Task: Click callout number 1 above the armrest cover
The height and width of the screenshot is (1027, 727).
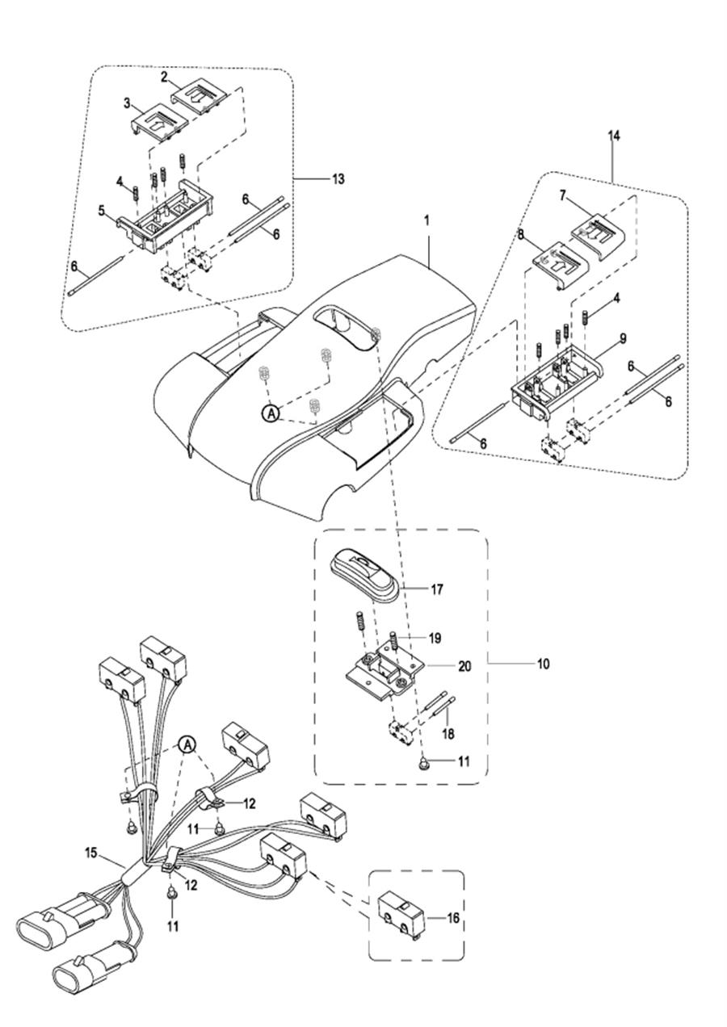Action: (427, 220)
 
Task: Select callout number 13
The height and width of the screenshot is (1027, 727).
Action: (338, 178)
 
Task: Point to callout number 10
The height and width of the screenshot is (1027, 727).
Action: (543, 664)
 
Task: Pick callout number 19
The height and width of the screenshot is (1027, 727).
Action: (435, 637)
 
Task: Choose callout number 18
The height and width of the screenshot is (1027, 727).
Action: (448, 734)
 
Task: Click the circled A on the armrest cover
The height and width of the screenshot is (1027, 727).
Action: (271, 413)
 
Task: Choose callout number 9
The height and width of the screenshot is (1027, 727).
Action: (623, 338)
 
